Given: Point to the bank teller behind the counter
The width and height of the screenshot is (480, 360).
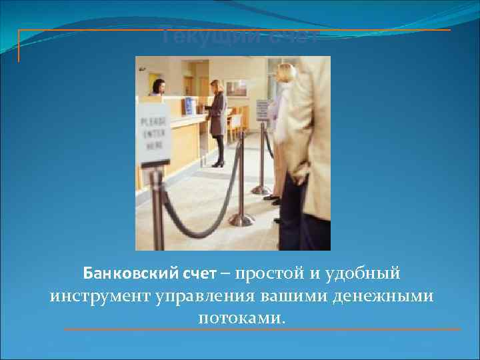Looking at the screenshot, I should coord(158,87).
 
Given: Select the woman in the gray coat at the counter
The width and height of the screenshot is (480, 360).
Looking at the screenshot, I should coord(217,117).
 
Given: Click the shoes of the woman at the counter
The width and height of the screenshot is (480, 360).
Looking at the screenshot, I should coord(218,163).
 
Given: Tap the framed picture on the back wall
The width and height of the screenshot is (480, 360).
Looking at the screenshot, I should coord(235,87).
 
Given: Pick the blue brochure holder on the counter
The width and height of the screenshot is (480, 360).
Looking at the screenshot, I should coord(190,106).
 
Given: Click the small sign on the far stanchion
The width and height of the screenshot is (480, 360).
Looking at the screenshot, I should coord(263,109).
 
